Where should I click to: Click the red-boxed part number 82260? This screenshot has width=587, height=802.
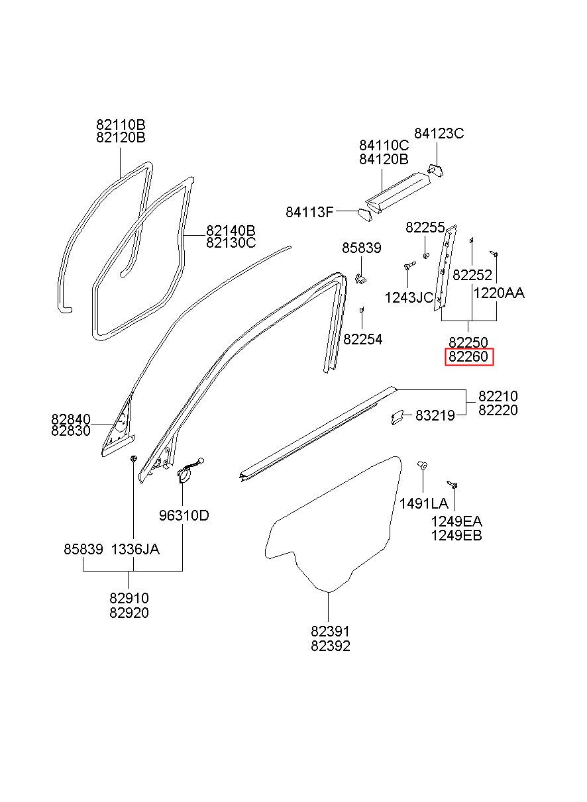pyautogui.click(x=468, y=356)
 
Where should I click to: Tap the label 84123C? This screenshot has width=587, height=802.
pyautogui.click(x=439, y=134)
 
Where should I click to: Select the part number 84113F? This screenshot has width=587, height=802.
pyautogui.click(x=309, y=213)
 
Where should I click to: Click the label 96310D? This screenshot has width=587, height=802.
pyautogui.click(x=184, y=515)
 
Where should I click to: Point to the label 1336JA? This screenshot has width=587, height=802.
pyautogui.click(x=135, y=549)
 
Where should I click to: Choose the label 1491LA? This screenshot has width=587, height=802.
pyautogui.click(x=423, y=504)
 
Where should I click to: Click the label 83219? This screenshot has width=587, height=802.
pyautogui.click(x=435, y=416)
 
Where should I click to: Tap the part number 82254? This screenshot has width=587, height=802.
pyautogui.click(x=363, y=339)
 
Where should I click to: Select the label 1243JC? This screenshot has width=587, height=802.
pyautogui.click(x=409, y=297)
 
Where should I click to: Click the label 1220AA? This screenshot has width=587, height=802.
pyautogui.click(x=499, y=293)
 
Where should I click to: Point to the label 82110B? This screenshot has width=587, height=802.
pyautogui.click(x=121, y=125)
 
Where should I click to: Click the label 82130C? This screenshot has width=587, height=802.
pyautogui.click(x=231, y=243)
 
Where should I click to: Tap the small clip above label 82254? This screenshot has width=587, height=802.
pyautogui.click(x=362, y=309)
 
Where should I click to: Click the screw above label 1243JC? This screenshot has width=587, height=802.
pyautogui.click(x=409, y=266)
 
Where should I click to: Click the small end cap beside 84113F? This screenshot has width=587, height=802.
pyautogui.click(x=364, y=215)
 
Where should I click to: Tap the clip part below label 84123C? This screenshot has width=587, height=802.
pyautogui.click(x=435, y=170)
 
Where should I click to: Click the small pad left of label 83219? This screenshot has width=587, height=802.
pyautogui.click(x=398, y=417)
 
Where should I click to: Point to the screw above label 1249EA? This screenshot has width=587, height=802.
pyautogui.click(x=453, y=485)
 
